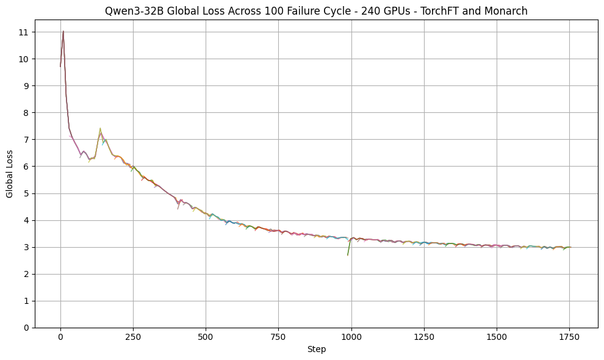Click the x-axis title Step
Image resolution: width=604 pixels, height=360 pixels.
click(316, 350)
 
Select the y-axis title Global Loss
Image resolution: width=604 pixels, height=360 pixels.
click(10, 174)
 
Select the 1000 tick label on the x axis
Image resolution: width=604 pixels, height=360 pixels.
click(351, 337)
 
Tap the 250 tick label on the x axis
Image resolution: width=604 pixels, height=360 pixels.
click(133, 337)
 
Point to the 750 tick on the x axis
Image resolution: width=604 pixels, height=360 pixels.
click(279, 337)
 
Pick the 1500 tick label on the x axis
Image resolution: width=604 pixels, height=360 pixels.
click(497, 337)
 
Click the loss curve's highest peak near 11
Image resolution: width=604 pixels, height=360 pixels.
click(63, 31)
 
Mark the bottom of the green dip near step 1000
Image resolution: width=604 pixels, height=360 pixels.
click(348, 255)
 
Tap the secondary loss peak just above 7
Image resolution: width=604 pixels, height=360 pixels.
click(100, 129)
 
